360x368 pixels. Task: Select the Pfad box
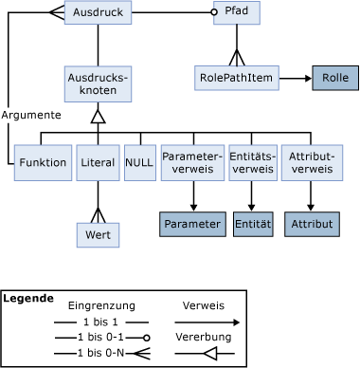(x=243, y=13)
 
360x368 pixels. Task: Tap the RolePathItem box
(x=237, y=78)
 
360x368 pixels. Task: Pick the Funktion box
(x=43, y=162)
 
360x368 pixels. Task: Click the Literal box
(x=98, y=162)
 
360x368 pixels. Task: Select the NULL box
(x=140, y=162)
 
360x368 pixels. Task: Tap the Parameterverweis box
(x=192, y=162)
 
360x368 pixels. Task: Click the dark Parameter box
(x=192, y=224)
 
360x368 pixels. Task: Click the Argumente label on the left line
(x=31, y=115)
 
